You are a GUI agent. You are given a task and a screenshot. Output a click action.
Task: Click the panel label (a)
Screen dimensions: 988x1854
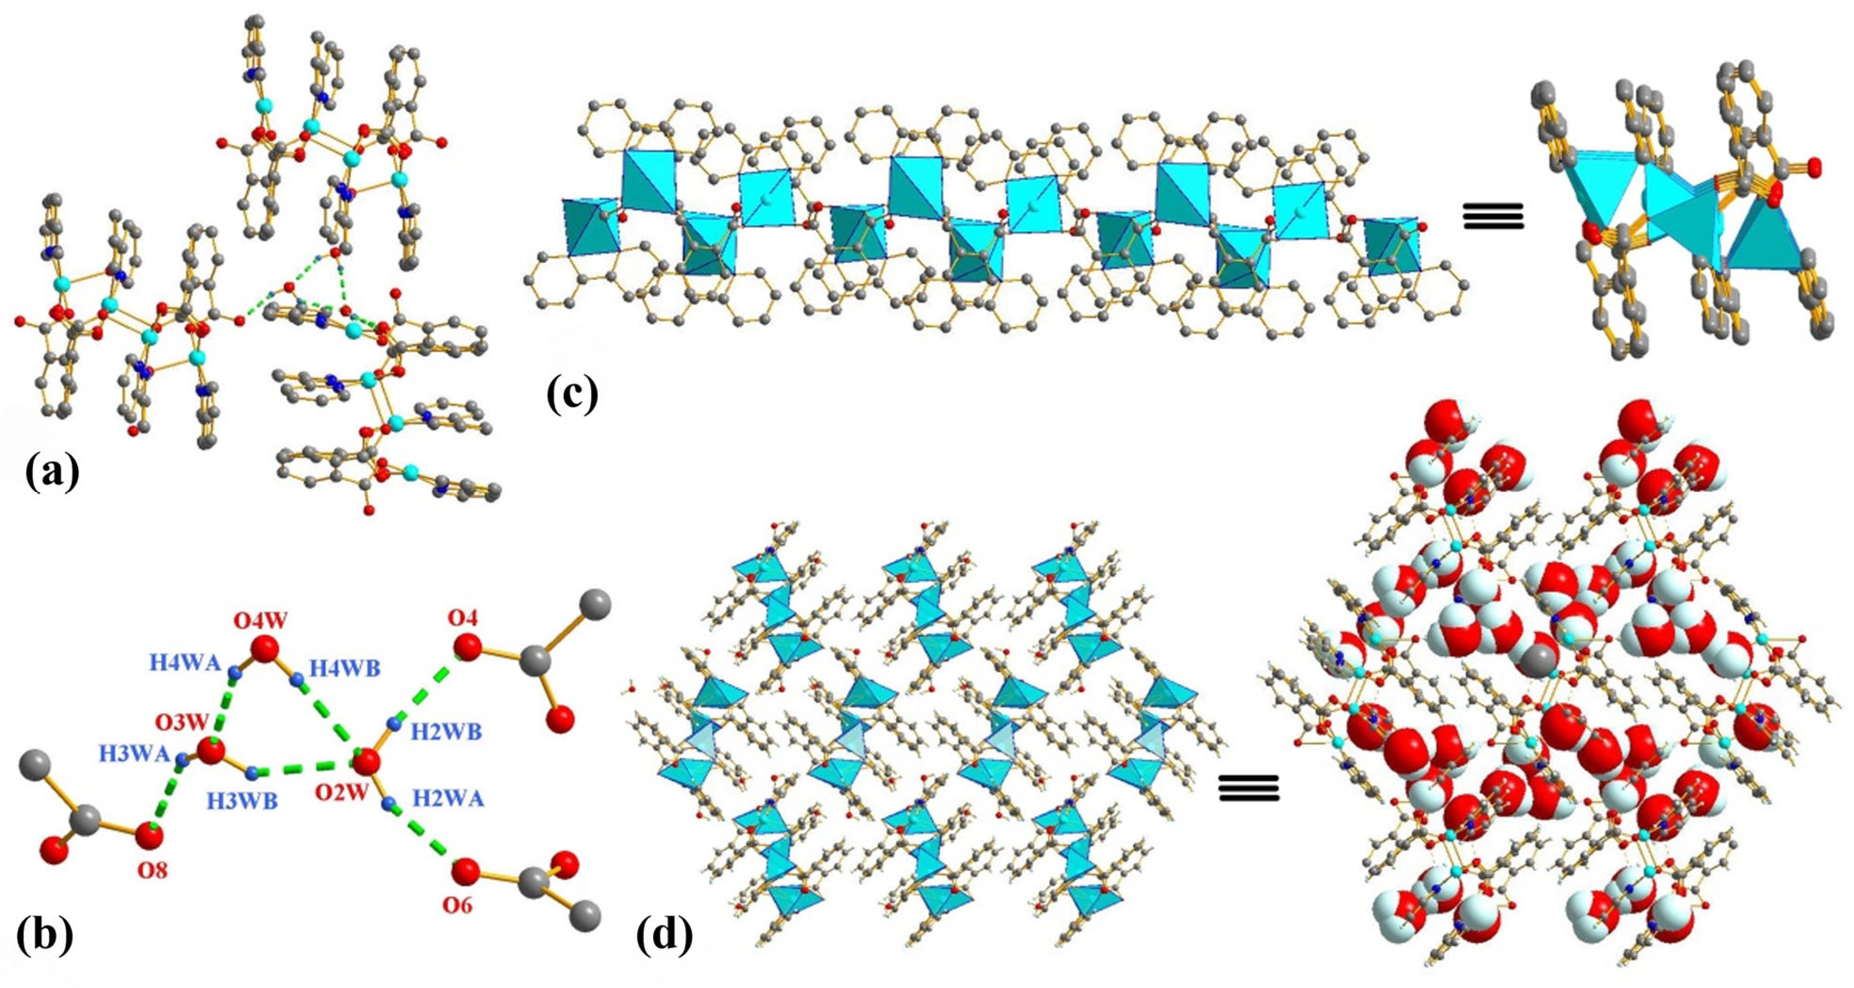click(x=52, y=473)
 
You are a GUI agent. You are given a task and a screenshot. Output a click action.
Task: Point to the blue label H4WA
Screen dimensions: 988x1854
click(x=185, y=662)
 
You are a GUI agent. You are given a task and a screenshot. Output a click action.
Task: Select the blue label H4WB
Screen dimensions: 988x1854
click(x=345, y=669)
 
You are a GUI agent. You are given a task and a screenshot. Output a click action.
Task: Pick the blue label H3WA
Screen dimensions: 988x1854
click(x=135, y=754)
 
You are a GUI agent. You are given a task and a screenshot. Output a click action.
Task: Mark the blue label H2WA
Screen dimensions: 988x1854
click(x=448, y=798)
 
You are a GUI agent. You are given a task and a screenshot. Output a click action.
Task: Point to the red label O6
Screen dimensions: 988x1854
click(x=458, y=904)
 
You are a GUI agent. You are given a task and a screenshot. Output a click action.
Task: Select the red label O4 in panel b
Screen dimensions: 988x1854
click(x=462, y=617)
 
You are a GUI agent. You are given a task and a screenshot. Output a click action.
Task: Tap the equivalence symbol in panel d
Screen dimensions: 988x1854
click(x=1249, y=788)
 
